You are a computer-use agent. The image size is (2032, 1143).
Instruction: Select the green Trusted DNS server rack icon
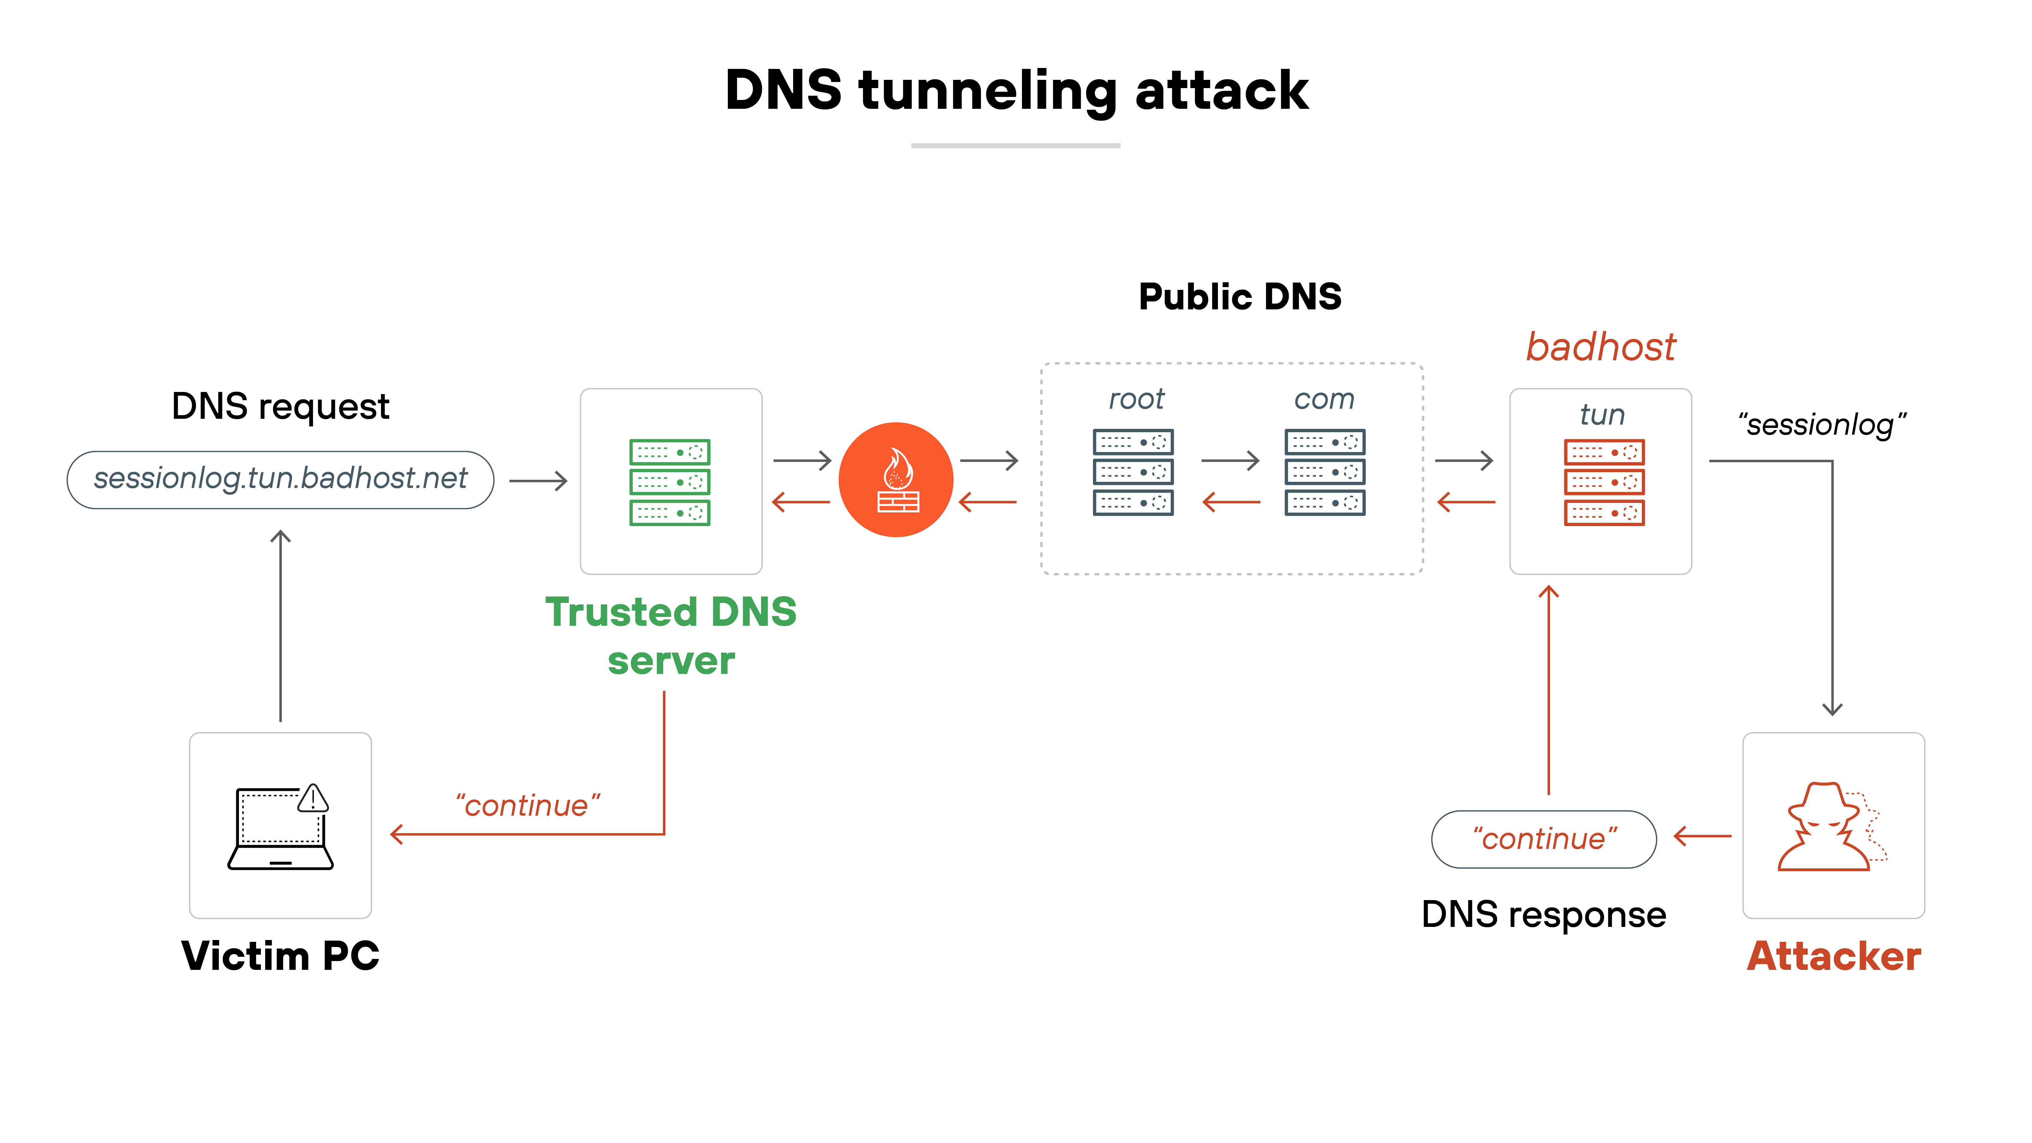[x=670, y=482]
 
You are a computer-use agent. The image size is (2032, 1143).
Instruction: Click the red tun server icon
[x=1604, y=482]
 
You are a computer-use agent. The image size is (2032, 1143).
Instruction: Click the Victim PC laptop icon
[x=280, y=828]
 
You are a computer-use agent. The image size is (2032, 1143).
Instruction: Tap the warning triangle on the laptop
[x=313, y=798]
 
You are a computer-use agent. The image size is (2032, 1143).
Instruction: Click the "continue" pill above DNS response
[x=1544, y=839]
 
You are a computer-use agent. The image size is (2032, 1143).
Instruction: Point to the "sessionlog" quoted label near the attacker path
[x=1821, y=424]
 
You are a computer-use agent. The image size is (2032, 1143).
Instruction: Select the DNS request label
[x=280, y=406]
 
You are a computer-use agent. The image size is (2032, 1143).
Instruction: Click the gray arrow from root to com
[x=1230, y=460]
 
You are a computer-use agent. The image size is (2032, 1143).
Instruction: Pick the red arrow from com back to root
[x=1230, y=502]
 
